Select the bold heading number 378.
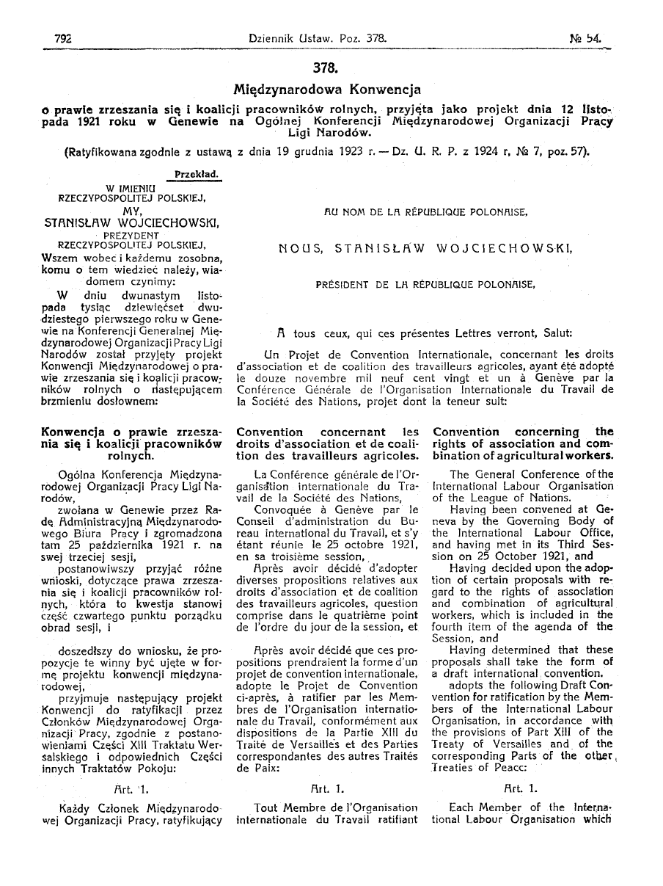pyautogui.click(x=326, y=69)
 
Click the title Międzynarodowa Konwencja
pyautogui.click(x=326, y=90)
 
